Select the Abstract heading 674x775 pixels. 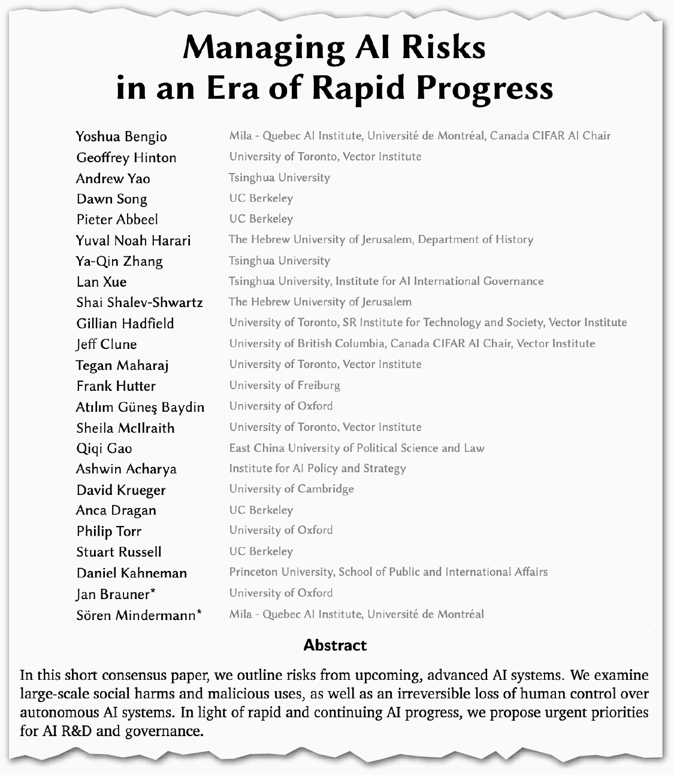pos(335,645)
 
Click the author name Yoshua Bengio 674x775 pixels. pos(121,136)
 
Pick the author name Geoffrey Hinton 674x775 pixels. pos(126,157)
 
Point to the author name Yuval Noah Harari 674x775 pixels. pos(133,241)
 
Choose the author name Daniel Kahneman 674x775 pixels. pos(131,573)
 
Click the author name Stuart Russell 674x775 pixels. pos(119,552)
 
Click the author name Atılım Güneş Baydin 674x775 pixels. pos(140,407)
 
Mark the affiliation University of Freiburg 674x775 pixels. pos(284,385)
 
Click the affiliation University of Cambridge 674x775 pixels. pos(291,489)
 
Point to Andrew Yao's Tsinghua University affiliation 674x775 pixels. pos(279,178)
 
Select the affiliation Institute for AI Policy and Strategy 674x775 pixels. pos(317,469)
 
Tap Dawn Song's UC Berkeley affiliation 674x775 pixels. pos(261,198)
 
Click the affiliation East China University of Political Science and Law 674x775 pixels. pos(356,448)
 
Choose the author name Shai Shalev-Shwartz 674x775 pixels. pos(139,302)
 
